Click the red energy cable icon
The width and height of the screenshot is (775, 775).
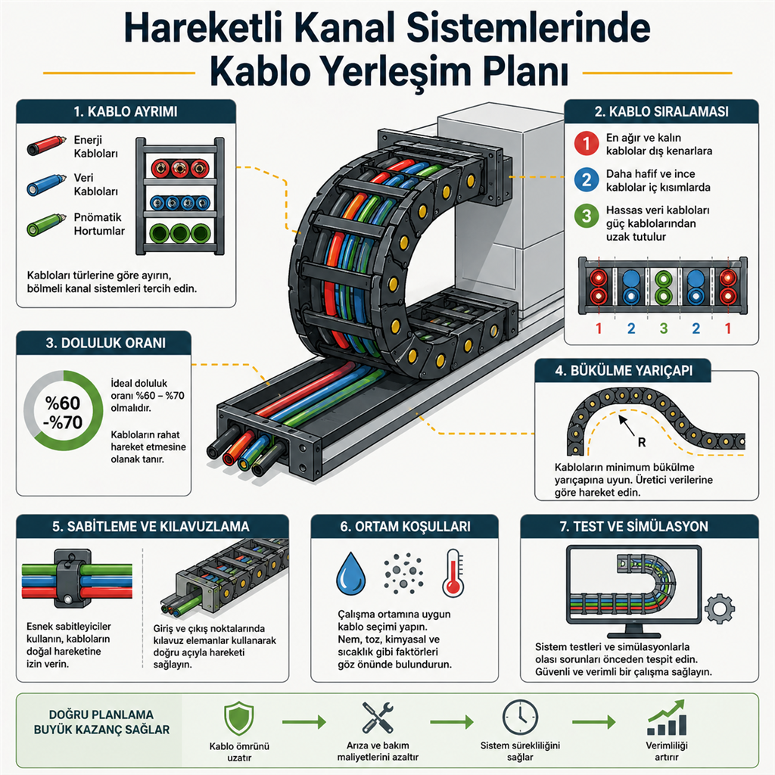pos(46,145)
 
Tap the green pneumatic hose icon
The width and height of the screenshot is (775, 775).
pos(46,224)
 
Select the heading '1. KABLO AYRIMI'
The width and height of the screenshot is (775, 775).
pos(126,112)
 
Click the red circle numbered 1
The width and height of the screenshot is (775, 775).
pos(587,143)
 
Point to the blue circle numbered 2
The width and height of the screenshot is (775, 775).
pos(587,179)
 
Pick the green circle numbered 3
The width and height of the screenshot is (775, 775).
pos(587,216)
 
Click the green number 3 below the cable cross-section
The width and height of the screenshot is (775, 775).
pos(663,328)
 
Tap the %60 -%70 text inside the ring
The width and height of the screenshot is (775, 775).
pos(63,412)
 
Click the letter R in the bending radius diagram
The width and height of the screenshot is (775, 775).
pos(642,442)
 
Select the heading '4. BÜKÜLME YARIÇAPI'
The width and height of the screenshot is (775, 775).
pos(624,371)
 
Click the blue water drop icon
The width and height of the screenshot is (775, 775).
pos(351,574)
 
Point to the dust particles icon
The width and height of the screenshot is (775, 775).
pos(404,573)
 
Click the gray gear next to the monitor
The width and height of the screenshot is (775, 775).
pos(719,608)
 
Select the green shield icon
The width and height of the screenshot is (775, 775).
pos(239,718)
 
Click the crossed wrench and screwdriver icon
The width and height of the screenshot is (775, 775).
pos(378,717)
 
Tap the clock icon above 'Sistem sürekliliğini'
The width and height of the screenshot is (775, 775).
pos(520,717)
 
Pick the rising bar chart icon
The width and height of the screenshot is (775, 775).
pos(667,718)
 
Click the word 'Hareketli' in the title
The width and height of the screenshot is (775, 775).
pos(203,28)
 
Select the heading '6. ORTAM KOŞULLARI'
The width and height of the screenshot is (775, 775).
pos(406,527)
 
